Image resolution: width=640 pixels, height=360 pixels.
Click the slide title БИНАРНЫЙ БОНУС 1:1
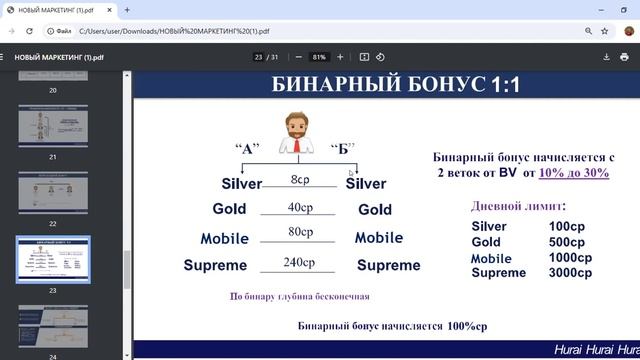[x=396, y=86]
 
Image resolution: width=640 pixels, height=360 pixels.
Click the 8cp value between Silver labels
[x=301, y=180]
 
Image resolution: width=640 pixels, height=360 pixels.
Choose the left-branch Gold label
[x=229, y=209]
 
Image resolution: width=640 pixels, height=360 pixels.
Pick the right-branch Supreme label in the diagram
[x=388, y=265]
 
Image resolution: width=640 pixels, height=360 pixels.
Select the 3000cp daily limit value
[x=570, y=272]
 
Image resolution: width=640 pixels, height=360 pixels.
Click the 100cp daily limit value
[x=566, y=226]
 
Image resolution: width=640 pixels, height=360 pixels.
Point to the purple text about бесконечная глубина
[x=300, y=296]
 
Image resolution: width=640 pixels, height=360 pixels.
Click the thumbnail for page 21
[x=53, y=128]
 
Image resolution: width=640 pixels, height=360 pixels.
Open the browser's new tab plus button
[x=127, y=10]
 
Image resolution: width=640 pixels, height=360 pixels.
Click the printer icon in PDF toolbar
[x=625, y=57]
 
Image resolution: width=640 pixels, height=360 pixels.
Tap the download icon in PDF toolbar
[x=607, y=57]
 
